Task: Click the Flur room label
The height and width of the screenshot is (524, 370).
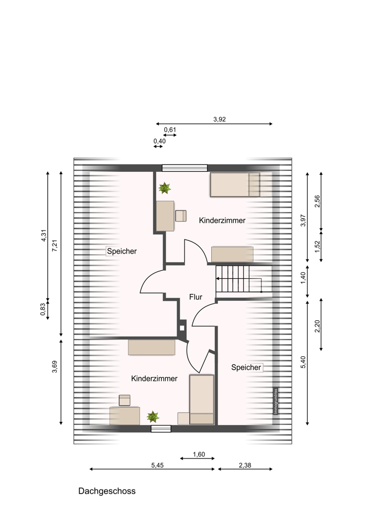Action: point(195,297)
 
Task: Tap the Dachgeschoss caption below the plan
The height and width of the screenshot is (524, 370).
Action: point(107,491)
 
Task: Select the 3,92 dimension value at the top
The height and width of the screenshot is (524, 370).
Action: point(220,119)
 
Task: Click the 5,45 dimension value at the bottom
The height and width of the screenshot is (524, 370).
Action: point(157,465)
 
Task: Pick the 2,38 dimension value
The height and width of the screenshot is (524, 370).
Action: point(245,465)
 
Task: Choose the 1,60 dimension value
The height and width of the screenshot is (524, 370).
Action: point(199,454)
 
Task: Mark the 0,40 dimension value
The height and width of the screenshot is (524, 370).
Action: point(159,141)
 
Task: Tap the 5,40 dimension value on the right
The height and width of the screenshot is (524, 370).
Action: point(303,362)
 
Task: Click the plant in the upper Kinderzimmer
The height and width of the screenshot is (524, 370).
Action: point(165,188)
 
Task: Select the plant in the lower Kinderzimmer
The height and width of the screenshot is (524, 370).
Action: point(153,417)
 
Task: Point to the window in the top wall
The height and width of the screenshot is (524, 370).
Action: point(185,168)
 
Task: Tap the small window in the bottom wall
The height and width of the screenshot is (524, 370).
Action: point(161,429)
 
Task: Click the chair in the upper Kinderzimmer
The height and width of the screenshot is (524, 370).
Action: point(181,215)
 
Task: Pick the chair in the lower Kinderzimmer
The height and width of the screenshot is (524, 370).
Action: point(125,400)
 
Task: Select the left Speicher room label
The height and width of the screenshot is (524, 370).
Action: point(122,251)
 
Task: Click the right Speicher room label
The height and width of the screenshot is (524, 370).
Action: point(246,367)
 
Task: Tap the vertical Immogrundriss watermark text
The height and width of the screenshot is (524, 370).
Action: point(276,401)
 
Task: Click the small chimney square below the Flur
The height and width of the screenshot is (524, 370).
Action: point(182,328)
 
